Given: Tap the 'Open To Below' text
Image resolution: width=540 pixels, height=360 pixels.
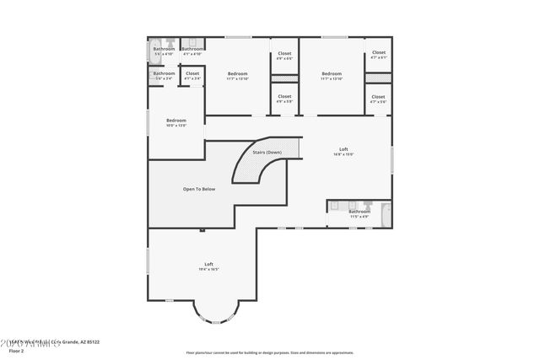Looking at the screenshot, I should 199,189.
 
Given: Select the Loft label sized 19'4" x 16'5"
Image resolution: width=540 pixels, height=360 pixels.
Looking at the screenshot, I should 208,266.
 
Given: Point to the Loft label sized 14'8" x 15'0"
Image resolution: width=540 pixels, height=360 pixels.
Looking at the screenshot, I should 343,152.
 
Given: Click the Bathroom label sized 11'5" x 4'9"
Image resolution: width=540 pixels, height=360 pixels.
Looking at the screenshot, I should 360,214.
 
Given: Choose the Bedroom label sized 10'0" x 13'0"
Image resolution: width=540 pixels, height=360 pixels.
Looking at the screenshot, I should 175,122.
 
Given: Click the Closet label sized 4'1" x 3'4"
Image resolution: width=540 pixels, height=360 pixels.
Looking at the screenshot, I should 192,76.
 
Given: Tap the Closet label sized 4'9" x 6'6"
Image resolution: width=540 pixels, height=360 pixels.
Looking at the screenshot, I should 284,56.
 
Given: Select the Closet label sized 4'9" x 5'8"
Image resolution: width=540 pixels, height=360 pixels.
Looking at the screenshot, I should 284,99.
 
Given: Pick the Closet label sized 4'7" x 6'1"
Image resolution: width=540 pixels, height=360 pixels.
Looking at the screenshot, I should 379,55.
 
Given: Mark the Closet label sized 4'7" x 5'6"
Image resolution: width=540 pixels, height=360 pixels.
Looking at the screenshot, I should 379,99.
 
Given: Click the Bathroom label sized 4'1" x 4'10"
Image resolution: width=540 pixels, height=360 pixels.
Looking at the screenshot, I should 192,51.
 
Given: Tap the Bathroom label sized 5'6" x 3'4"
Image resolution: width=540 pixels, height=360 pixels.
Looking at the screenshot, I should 164,76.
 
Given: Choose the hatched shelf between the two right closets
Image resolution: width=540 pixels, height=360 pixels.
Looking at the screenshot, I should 378,78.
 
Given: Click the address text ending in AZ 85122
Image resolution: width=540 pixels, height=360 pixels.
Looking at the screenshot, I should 51,341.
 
